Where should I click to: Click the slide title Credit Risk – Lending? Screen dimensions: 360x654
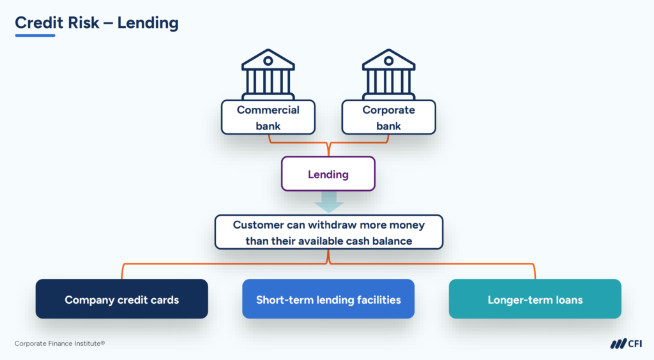tap(96, 23)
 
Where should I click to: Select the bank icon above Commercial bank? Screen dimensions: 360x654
tap(268, 73)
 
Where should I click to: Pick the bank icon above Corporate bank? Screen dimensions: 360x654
tap(388, 73)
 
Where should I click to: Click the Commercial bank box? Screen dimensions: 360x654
tap(268, 117)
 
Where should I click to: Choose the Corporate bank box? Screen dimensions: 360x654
tap(388, 117)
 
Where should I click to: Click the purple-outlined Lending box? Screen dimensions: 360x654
tap(328, 174)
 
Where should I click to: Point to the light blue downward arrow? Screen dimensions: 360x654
tap(328, 204)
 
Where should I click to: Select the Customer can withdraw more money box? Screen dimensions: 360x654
tap(328, 232)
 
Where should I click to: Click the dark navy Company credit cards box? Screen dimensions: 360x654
tap(122, 299)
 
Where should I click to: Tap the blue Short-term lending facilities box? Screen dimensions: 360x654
tap(328, 299)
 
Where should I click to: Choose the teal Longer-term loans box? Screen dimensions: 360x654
tap(535, 299)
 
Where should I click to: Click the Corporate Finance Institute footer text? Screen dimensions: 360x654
tap(59, 343)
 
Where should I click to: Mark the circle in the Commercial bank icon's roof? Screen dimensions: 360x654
tap(268, 61)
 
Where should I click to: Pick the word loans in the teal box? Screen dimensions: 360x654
tap(568, 299)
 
